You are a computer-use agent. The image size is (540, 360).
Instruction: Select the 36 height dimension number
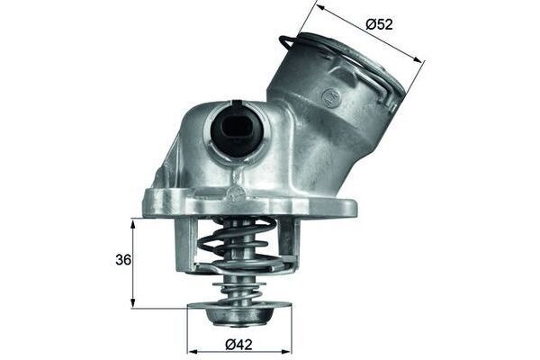point(122,260)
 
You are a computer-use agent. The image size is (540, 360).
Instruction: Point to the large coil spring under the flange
point(238,245)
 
